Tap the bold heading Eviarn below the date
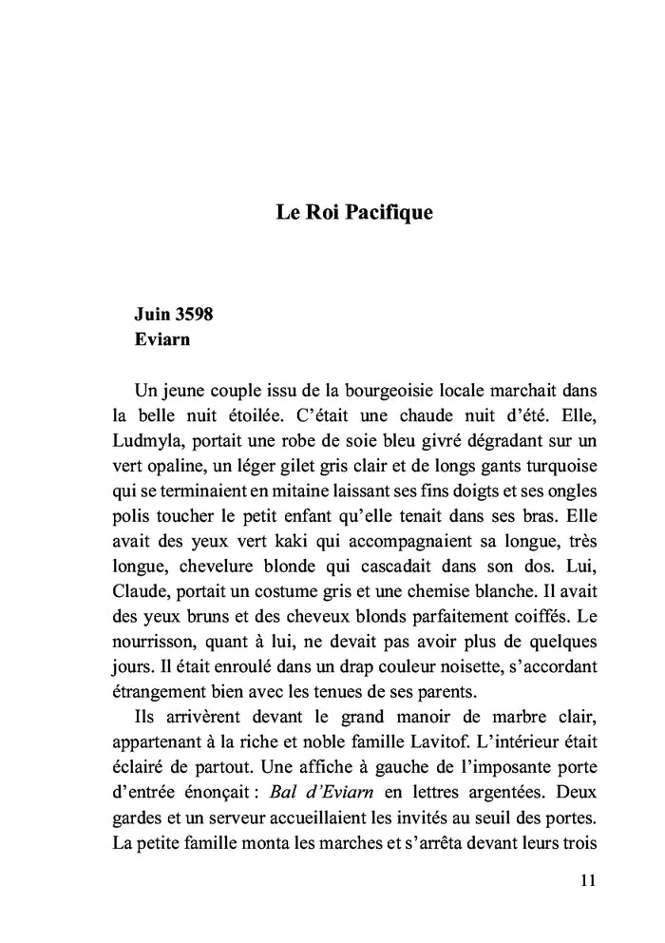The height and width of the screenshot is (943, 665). (162, 340)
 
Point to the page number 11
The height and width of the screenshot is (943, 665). (586, 880)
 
